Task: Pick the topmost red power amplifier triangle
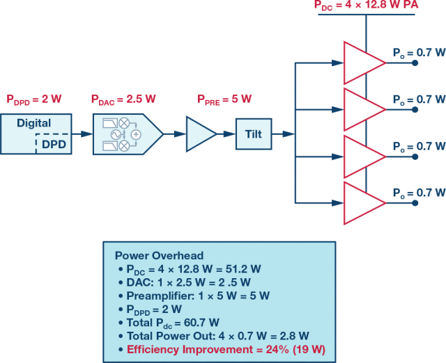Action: coord(363,62)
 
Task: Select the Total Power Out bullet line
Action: coord(212,334)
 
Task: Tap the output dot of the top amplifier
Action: coord(416,63)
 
